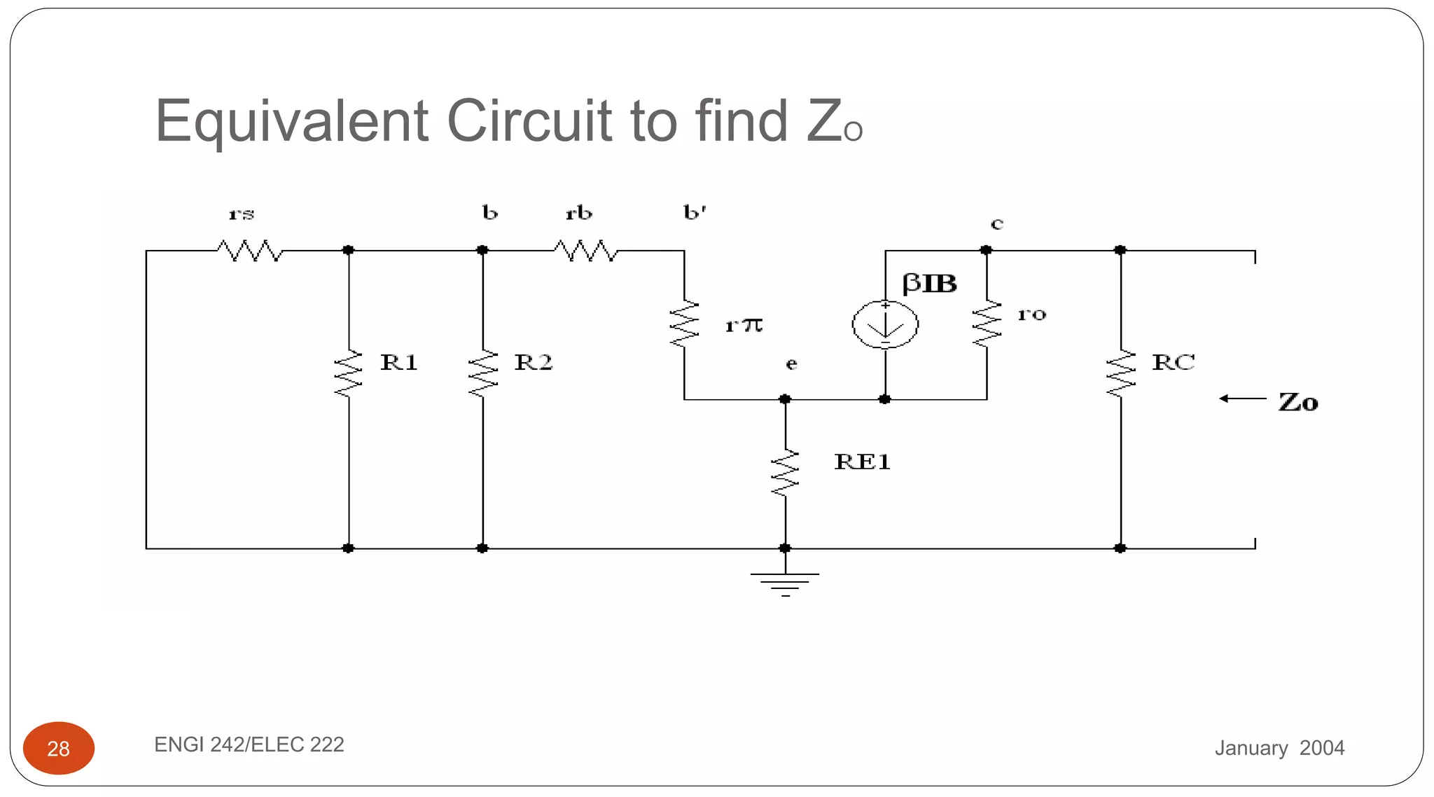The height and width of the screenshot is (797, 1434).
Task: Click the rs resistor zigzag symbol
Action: tap(250, 250)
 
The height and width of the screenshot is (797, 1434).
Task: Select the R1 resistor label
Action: tap(398, 362)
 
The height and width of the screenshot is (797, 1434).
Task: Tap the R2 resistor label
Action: tap(533, 362)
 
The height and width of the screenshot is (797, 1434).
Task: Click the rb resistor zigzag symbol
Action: tap(585, 250)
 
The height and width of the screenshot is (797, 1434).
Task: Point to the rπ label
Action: tap(744, 325)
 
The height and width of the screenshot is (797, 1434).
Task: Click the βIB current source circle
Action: tap(885, 324)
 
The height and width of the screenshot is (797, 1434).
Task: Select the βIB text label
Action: tap(929, 283)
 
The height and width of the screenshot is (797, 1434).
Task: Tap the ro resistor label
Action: tap(1031, 314)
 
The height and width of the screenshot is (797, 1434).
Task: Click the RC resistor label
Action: tap(1174, 362)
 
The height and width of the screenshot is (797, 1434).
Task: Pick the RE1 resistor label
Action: tap(862, 462)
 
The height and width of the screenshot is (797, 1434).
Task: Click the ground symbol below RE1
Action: tap(785, 583)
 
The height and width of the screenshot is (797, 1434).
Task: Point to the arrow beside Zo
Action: tap(1242, 398)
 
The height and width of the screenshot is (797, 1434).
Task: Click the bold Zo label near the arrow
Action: tap(1297, 402)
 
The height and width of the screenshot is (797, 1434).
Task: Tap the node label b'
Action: tap(695, 212)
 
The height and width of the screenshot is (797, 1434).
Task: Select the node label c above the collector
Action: tap(997, 224)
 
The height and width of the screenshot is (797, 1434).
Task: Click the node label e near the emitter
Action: tap(791, 363)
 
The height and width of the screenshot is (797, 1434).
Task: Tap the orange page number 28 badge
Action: tap(59, 748)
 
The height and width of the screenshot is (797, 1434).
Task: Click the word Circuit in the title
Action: tap(529, 120)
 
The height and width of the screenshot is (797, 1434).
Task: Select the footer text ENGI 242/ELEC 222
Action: tap(249, 744)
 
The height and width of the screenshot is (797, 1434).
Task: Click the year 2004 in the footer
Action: tap(1321, 748)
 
